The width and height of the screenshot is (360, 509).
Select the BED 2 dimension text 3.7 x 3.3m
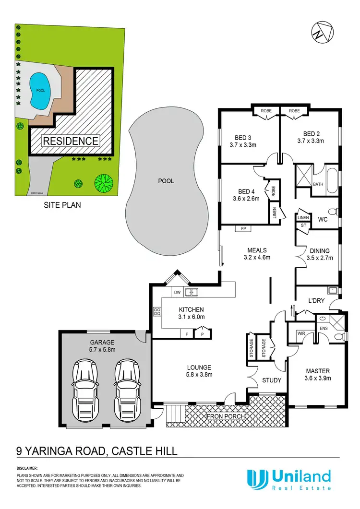click(311, 141)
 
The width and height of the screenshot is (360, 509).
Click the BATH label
click(318, 184)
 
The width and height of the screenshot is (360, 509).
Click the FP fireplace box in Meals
click(243, 229)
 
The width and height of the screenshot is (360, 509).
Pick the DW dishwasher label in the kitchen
click(177, 292)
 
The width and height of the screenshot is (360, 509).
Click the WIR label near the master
click(301, 332)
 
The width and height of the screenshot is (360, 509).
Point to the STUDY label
click(271, 381)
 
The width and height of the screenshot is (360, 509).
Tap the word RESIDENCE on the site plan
click(71, 141)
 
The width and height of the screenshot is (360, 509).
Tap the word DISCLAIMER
click(27, 468)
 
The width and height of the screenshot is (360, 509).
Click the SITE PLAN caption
click(62, 205)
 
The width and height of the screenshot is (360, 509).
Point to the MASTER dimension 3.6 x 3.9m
click(317, 378)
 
